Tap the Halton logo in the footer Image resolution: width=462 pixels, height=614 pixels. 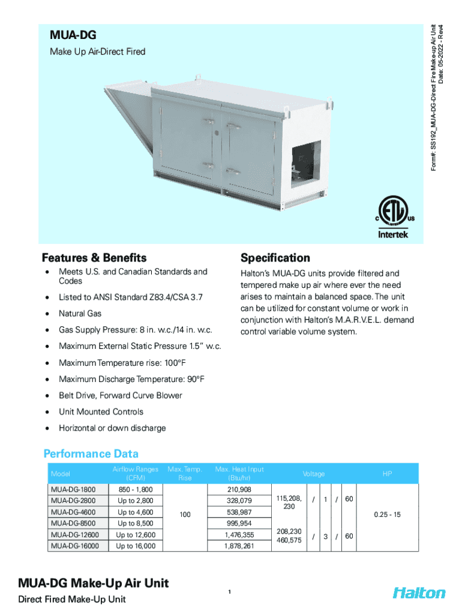[x=419, y=592]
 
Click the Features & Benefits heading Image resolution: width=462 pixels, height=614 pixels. [x=94, y=258]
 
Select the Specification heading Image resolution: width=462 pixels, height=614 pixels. [x=275, y=258]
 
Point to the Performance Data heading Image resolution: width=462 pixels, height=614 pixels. [x=91, y=453]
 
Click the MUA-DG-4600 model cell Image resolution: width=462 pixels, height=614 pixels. [x=73, y=512]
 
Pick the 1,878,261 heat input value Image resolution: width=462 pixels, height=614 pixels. [x=239, y=546]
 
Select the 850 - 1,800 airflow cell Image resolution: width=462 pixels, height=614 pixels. [x=136, y=490]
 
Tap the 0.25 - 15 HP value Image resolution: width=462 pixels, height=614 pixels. [x=387, y=515]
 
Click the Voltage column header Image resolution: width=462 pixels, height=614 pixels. [x=313, y=474]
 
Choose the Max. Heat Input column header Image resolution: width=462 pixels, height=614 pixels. [x=239, y=474]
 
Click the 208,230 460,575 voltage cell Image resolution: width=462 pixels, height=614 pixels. [x=289, y=536]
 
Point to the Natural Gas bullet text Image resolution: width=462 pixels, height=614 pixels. [x=80, y=314]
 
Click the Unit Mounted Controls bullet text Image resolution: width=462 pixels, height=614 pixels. [x=101, y=412]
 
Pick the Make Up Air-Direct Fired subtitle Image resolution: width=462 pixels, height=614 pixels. [x=98, y=52]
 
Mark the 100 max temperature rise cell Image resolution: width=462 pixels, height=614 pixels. [x=185, y=515]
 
